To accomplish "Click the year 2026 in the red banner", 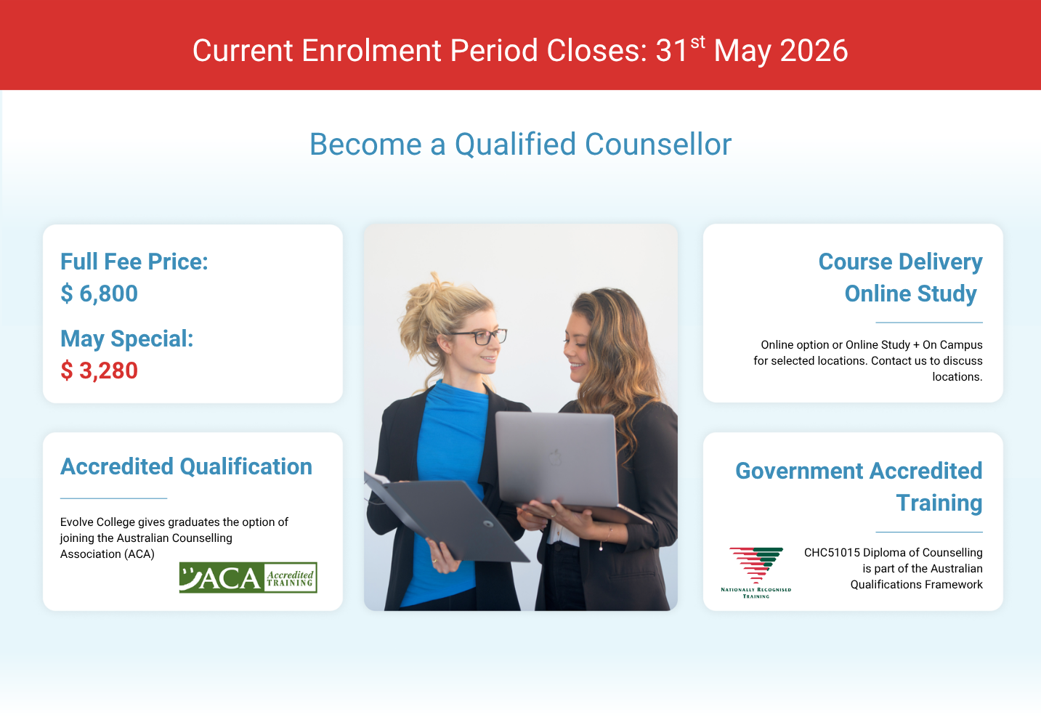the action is pyautogui.click(x=814, y=50).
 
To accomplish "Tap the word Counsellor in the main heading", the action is pyautogui.click(x=658, y=144).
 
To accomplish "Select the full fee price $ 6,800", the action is pyautogui.click(x=99, y=293).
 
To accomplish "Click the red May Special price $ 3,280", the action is pyautogui.click(x=99, y=370).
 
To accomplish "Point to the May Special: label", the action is pyautogui.click(x=127, y=339).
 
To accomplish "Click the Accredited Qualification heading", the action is pyautogui.click(x=186, y=466).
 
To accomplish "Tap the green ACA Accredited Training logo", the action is pyautogui.click(x=248, y=577).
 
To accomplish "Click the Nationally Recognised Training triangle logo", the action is pyautogui.click(x=756, y=572).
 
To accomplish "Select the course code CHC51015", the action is pyautogui.click(x=832, y=553).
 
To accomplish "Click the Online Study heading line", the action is pyautogui.click(x=910, y=293).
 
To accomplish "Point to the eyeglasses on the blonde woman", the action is pyautogui.click(x=479, y=336).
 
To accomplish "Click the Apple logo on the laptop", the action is pyautogui.click(x=555, y=457).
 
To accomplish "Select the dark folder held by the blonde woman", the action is pyautogui.click(x=446, y=516).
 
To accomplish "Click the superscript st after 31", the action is pyautogui.click(x=697, y=42).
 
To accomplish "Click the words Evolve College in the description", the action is pyautogui.click(x=97, y=522).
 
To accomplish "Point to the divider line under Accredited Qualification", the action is pyautogui.click(x=113, y=498).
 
